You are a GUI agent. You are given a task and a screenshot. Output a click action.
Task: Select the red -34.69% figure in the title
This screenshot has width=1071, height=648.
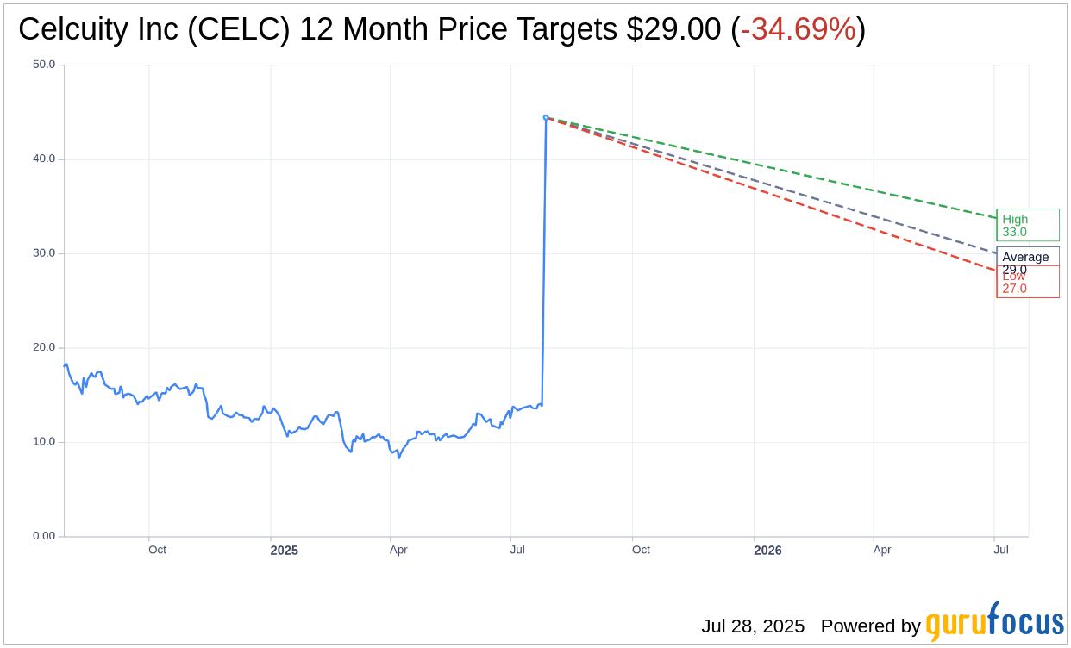798,30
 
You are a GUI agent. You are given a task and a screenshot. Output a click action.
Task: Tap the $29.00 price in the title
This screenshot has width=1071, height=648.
673,30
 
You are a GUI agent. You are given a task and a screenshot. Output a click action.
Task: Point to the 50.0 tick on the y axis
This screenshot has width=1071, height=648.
44,65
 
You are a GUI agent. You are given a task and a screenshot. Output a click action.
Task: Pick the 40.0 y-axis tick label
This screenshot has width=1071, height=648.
44,159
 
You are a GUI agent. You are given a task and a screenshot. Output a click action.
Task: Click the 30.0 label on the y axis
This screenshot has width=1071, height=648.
44,253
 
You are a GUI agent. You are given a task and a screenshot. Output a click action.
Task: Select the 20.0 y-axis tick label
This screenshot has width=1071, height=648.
44,347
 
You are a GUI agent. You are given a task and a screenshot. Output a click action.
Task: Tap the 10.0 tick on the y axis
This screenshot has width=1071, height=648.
44,442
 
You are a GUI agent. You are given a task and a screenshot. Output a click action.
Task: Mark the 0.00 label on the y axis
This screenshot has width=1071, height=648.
44,536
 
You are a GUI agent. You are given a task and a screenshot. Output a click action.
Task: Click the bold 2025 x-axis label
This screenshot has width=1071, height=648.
284,551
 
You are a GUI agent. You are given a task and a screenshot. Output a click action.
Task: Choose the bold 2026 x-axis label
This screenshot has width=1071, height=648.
767,551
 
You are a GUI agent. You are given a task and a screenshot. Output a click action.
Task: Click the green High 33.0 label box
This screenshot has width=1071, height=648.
1027,225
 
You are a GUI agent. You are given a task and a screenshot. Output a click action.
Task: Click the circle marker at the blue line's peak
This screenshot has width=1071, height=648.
546,117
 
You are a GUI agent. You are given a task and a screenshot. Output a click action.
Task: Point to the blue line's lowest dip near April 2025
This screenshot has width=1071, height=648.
398,458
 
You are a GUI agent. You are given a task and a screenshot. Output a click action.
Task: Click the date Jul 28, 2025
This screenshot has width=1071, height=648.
752,626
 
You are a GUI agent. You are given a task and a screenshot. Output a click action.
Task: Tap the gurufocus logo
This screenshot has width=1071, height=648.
994,622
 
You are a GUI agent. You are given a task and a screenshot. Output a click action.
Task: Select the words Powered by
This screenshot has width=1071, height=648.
870,626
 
